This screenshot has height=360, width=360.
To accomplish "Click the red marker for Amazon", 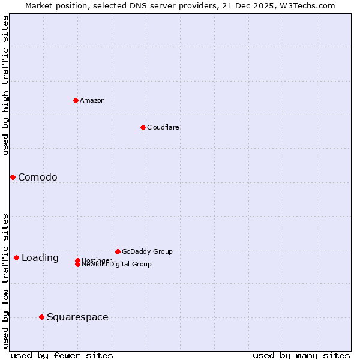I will coord(76,100).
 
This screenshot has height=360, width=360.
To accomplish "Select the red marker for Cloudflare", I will coord(143,127).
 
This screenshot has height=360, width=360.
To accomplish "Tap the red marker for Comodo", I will coord(13,177).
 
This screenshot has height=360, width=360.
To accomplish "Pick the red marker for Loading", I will coord(16,257).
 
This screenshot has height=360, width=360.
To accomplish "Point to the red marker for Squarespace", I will coord(41,317).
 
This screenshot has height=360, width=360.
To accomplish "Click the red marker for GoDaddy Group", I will coord(118,251).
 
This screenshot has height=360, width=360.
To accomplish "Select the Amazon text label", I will coord(92,100).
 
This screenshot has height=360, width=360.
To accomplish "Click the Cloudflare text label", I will coord(163,127).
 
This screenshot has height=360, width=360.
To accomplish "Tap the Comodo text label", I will coord(38,177).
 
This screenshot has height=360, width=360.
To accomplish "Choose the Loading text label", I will coord(40,258).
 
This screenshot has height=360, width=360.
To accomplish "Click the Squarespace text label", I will coord(77,317).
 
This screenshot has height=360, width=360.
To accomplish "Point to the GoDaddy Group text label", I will coord(147,251).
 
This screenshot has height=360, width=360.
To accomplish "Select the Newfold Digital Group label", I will coord(116,265).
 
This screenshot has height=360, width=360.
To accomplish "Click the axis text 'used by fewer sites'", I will coord(62,355).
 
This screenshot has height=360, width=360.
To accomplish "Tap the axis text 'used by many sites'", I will coord(301,355).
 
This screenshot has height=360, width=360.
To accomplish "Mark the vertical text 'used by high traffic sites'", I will coord(5,85).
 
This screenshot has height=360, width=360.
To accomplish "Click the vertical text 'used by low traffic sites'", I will coord(5,281).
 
